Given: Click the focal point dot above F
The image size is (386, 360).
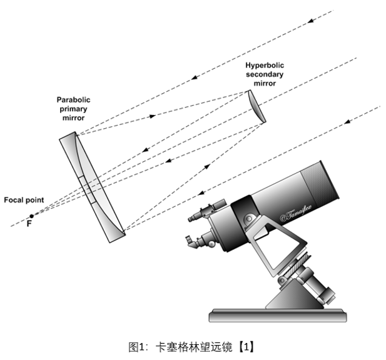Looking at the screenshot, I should pyautogui.click(x=32, y=216).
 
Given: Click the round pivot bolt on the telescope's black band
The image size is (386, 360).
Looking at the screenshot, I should pyautogui.click(x=249, y=218).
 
